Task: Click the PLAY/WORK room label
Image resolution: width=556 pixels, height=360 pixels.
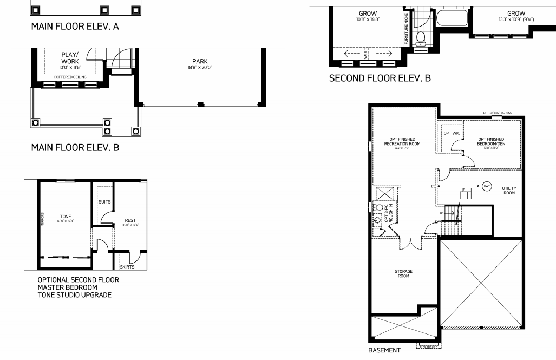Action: click(x=70, y=58)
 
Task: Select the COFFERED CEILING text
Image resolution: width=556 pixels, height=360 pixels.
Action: click(x=69, y=77)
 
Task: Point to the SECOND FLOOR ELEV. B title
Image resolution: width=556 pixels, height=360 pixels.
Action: click(x=380, y=78)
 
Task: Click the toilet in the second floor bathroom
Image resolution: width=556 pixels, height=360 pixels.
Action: click(x=421, y=37)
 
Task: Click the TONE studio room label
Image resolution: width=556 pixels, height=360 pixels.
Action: click(x=66, y=217)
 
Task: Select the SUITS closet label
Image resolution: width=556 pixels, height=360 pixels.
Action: click(x=104, y=201)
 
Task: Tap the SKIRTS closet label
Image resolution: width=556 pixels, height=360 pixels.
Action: click(x=128, y=267)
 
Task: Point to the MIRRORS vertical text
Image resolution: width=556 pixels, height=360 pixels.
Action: click(x=42, y=219)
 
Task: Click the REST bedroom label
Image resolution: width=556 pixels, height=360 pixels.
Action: click(x=130, y=220)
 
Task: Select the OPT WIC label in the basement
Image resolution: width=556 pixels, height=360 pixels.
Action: click(x=451, y=133)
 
